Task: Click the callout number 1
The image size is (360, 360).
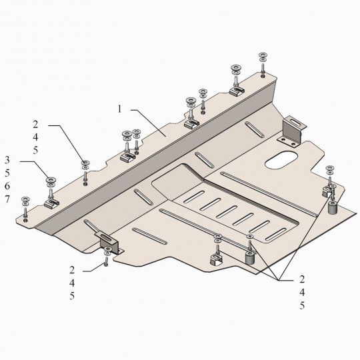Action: point(119,109)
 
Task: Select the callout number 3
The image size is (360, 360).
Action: point(7,160)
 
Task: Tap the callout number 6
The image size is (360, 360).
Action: point(7,186)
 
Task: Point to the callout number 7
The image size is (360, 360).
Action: point(7,199)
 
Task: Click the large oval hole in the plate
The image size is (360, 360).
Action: point(281,160)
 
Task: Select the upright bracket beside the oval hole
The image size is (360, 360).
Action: point(292,131)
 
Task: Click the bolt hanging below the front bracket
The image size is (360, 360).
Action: point(106,261)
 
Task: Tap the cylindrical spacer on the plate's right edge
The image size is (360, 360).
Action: point(332,207)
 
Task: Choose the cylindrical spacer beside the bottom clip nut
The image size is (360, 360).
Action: point(250,257)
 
